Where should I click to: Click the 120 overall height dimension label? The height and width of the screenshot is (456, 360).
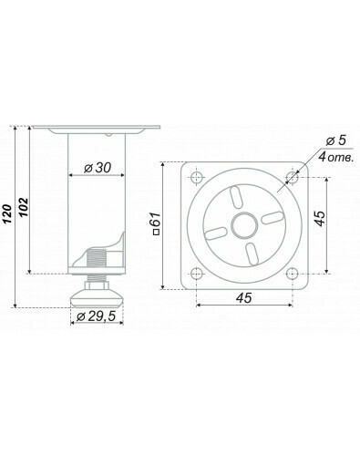point(8,214)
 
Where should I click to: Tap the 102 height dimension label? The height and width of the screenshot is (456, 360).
point(24,208)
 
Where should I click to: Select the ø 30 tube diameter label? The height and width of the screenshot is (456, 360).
point(98,168)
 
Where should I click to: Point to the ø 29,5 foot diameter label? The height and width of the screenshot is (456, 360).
point(97,316)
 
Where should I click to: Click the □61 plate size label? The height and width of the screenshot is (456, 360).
point(157,223)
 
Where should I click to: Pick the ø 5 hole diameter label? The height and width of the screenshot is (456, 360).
point(335,140)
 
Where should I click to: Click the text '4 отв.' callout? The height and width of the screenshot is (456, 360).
point(336,158)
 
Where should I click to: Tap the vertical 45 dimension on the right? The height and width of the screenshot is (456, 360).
point(320,219)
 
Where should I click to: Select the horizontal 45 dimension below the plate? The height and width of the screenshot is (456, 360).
point(244,298)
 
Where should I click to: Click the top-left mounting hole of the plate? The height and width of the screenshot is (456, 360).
point(197,178)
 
